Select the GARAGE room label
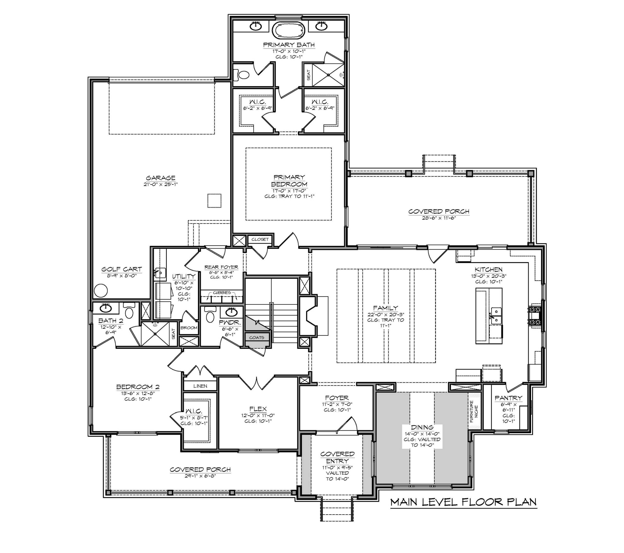161,178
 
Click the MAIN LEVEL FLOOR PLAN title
463,502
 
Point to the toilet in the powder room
210,315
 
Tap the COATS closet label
256,337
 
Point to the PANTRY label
508,398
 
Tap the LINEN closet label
200,386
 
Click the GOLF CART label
121,269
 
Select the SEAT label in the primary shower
308,75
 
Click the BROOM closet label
189,328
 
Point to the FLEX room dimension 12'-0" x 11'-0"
258,415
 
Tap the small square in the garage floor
214,200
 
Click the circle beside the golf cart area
101,291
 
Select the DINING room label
422,427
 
